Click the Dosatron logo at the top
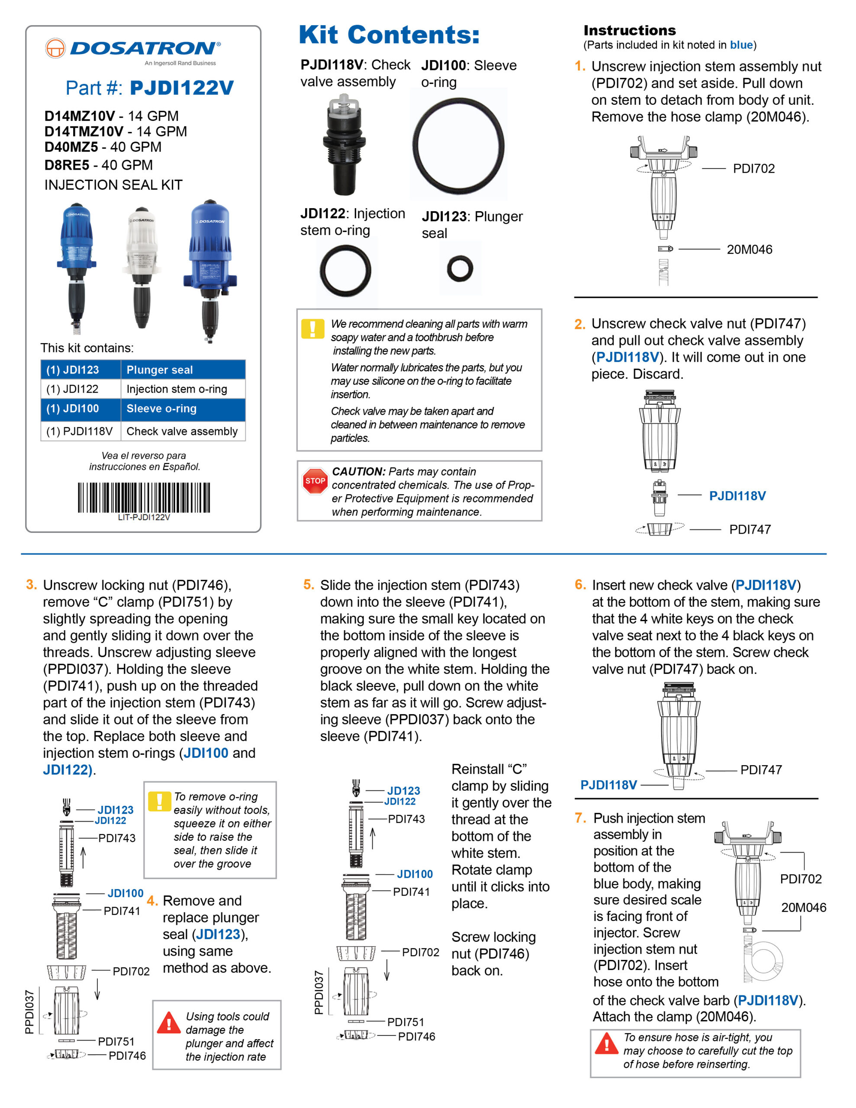click(133, 49)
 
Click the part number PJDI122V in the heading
click(181, 88)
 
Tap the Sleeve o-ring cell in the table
click(183, 409)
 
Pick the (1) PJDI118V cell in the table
click(80, 431)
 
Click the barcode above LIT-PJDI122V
click(144, 497)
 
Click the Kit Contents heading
click(389, 35)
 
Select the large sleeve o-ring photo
click(458, 145)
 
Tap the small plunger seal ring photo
click(460, 268)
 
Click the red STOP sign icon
click(315, 480)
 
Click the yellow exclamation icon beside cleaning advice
click(312, 329)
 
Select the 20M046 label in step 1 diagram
click(749, 250)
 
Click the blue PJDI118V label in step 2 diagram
click(737, 496)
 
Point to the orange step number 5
click(309, 584)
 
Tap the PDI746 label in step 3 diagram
click(127, 1056)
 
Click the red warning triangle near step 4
click(169, 1023)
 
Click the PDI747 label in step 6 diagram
click(761, 770)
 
